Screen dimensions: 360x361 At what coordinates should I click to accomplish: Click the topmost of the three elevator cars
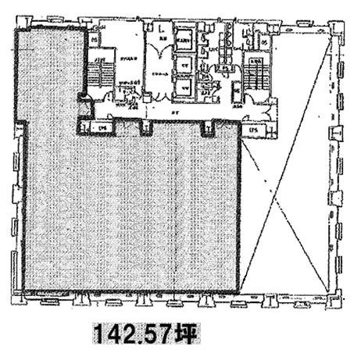tap(184, 42)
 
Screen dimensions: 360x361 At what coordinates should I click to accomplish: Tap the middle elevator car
tap(184, 65)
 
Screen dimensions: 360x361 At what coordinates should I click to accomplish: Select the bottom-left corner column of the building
tap(18, 298)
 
